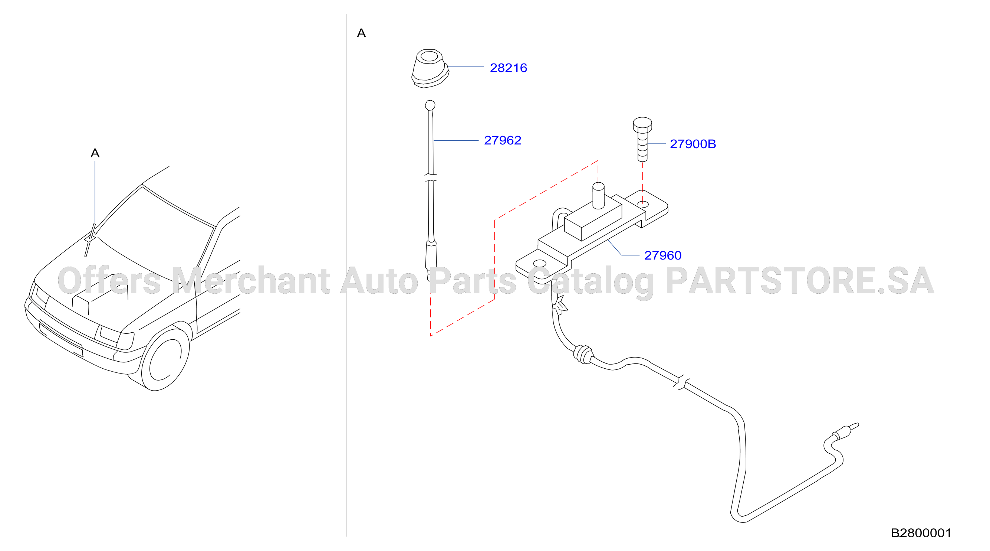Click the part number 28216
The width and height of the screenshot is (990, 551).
pyautogui.click(x=508, y=68)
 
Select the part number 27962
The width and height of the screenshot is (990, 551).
pyautogui.click(x=502, y=140)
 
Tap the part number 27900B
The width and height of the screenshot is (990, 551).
pyautogui.click(x=693, y=144)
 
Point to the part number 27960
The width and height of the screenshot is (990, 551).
pyautogui.click(x=662, y=255)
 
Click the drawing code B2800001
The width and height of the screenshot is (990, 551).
pyautogui.click(x=921, y=533)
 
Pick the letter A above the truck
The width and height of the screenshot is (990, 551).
pyautogui.click(x=95, y=153)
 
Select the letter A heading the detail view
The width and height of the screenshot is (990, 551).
pyautogui.click(x=361, y=33)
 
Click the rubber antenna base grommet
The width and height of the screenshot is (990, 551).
pyautogui.click(x=430, y=68)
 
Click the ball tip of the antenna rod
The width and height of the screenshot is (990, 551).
pyautogui.click(x=430, y=105)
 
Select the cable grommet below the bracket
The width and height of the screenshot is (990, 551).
pyautogui.click(x=583, y=354)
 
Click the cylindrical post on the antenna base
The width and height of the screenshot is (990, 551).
pyautogui.click(x=598, y=196)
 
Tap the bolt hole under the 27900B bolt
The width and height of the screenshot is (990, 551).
pyautogui.click(x=643, y=204)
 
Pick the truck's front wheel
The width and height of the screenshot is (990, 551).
pyautogui.click(x=165, y=359)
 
